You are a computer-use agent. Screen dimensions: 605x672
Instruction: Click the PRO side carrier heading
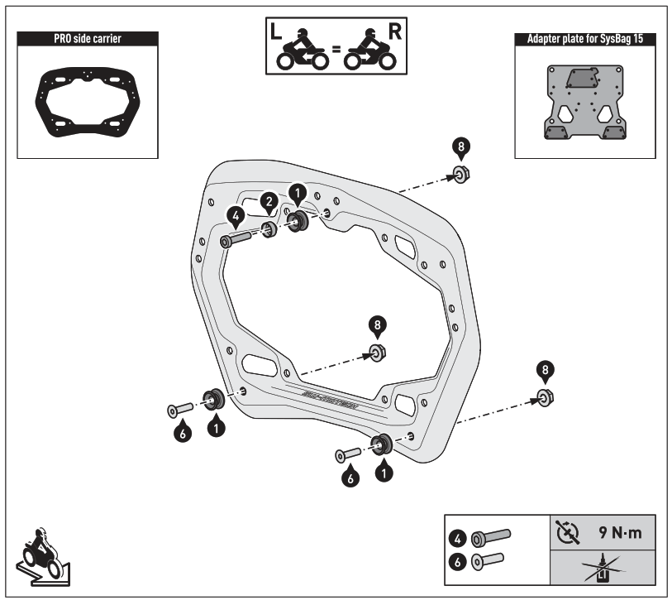tap(88, 38)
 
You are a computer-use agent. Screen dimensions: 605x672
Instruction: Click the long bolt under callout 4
tap(240, 240)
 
